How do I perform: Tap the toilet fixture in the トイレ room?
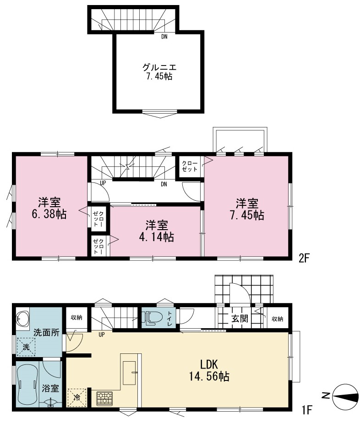click(153, 318)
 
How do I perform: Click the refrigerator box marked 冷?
click(77, 398)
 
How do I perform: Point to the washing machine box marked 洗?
click(26, 347)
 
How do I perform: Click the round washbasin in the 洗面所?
click(22, 319)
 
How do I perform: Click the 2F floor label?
click(303, 259)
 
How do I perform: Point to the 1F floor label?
click(307, 411)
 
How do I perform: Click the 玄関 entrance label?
click(240, 319)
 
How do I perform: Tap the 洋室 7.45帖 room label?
click(247, 209)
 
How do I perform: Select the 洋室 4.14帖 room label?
click(157, 231)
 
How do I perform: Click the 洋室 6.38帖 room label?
click(49, 208)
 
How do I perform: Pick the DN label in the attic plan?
click(164, 37)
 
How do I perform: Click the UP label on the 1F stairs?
click(102, 335)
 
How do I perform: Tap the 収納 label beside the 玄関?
click(277, 319)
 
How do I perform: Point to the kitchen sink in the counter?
click(129, 373)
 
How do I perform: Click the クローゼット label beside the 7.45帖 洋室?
click(190, 166)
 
